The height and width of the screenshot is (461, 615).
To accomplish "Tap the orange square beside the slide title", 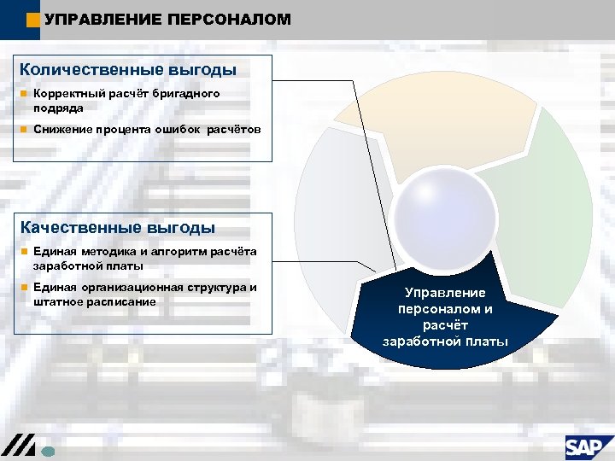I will pos(32,20).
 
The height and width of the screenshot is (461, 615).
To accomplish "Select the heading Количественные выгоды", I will pos(128,69).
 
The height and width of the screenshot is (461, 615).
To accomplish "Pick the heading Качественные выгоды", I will pos(117,227).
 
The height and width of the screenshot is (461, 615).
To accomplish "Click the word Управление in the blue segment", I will pos(445,292).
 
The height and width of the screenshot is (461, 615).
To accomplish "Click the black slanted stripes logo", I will pos(18,445).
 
